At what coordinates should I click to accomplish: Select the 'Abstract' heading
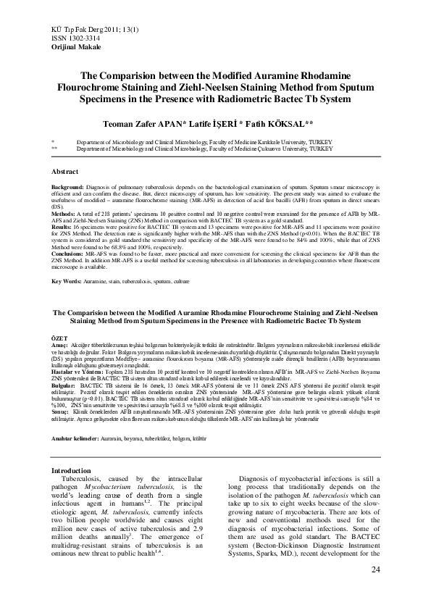67,171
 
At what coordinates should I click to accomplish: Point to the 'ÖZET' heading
57,338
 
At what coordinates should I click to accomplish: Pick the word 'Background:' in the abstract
68,187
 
